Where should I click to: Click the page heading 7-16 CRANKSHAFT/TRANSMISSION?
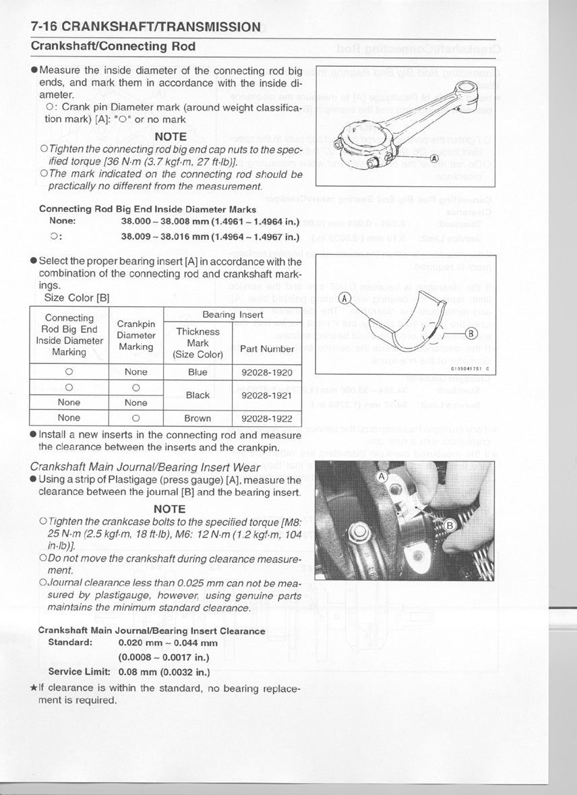point(145,27)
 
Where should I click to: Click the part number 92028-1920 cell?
point(266,372)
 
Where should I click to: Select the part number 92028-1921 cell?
point(266,395)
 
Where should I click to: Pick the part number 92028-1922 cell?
point(266,418)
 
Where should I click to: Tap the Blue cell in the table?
point(198,372)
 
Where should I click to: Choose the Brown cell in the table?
point(198,418)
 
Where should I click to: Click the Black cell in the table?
point(198,395)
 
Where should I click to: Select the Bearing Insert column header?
point(233,315)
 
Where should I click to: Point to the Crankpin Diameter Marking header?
point(136,335)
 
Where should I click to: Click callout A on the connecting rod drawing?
point(434,158)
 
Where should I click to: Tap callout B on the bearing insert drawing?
point(471,333)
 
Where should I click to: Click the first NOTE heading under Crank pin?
point(170,136)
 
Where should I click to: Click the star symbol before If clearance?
point(34,688)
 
